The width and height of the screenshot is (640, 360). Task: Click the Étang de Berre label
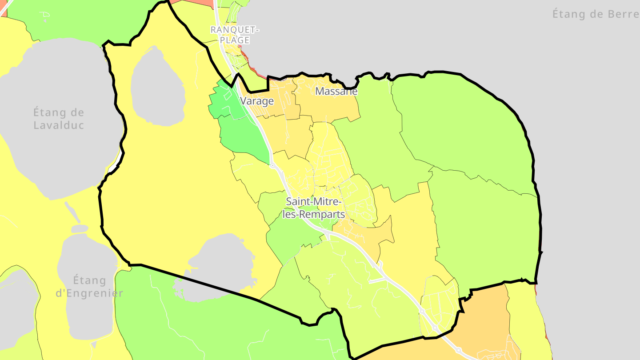tap(596, 14)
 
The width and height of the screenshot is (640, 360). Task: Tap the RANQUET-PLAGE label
tap(235, 35)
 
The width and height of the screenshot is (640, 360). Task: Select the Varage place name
tap(257, 101)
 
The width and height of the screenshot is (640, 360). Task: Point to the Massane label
tap(336, 92)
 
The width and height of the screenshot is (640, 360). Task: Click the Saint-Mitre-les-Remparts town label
tap(315, 208)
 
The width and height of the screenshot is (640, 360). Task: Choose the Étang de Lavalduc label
tap(59, 119)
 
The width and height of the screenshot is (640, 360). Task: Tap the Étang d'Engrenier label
tap(89, 287)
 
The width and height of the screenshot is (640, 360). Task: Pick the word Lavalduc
tap(59, 125)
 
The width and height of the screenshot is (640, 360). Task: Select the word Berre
tap(620, 14)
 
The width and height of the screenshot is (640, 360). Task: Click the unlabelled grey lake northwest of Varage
tap(158, 87)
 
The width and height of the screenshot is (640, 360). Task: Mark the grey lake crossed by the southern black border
tap(218, 262)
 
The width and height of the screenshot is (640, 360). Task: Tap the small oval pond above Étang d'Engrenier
tap(80, 228)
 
